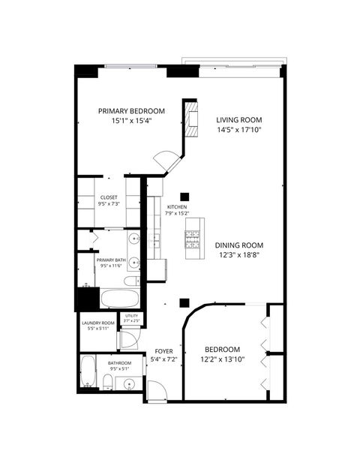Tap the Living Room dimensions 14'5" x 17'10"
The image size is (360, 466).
click(239, 130)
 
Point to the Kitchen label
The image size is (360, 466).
click(177, 207)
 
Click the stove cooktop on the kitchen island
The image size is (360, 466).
click(194, 239)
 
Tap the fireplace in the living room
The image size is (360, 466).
click(193, 121)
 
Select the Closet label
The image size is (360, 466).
click(109, 197)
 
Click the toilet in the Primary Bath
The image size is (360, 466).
click(130, 281)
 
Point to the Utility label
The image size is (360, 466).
click(132, 316)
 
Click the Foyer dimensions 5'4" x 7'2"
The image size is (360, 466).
click(165, 359)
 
